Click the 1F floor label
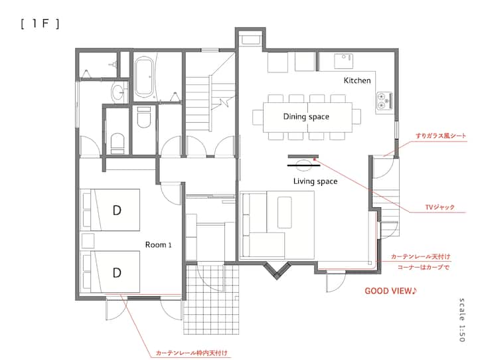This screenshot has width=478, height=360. [40, 24]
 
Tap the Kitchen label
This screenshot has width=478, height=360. [357, 80]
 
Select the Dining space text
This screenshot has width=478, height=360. [306, 117]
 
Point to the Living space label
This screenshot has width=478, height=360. [315, 181]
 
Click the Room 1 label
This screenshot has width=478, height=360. [158, 244]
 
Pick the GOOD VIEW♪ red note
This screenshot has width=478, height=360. [390, 291]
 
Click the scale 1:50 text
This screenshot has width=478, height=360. [462, 319]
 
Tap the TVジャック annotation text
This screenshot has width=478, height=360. [439, 207]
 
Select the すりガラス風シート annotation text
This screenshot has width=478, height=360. [441, 136]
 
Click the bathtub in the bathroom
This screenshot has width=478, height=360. [143, 78]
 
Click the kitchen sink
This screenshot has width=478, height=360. [344, 61]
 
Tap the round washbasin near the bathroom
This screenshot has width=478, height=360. [118, 92]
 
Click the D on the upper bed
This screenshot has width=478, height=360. [117, 210]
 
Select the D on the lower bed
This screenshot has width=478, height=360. [117, 272]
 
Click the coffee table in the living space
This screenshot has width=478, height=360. [284, 213]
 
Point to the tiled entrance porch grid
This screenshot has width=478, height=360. [211, 300]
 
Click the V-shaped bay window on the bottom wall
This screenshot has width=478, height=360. [277, 270]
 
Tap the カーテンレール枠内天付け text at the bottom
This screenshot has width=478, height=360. [192, 353]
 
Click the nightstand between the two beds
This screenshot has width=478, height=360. [88, 241]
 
